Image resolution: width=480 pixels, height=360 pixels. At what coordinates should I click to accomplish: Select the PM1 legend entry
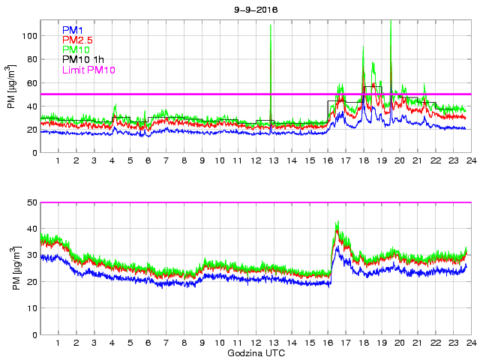click(x=72, y=30)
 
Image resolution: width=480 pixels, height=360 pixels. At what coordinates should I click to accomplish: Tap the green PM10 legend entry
click(x=76, y=49)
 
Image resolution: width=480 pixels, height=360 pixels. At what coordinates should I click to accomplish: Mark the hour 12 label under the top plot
click(x=256, y=161)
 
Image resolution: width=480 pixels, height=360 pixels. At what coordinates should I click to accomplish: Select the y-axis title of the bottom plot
click(x=12, y=270)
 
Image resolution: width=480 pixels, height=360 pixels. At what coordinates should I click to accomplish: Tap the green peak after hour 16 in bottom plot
click(x=337, y=223)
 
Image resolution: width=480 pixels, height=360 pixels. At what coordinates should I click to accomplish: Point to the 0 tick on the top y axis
click(x=33, y=152)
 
